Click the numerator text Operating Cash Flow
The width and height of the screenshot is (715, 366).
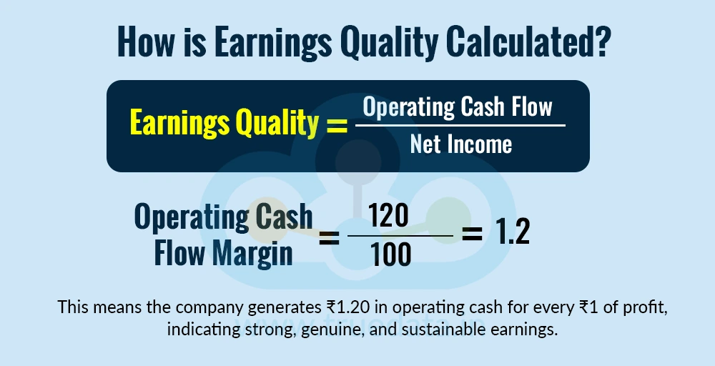[x=458, y=107]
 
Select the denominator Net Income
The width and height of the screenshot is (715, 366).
[x=460, y=144]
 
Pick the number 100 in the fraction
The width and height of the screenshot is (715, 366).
[x=393, y=254]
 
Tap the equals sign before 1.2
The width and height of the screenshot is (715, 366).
[x=472, y=234]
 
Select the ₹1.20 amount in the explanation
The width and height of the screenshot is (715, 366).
[x=351, y=308]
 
